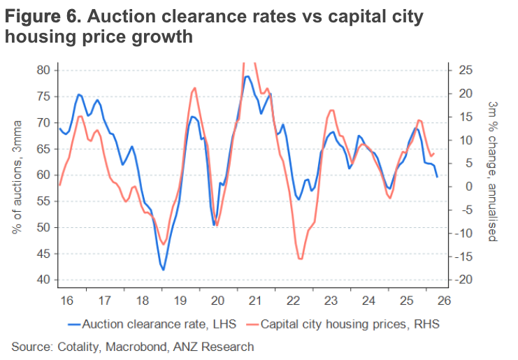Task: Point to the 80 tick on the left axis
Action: point(43,70)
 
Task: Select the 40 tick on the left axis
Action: point(43,280)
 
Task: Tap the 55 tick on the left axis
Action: point(43,201)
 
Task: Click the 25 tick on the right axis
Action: point(464,70)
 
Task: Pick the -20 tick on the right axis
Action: point(466,280)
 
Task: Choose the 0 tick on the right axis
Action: point(461,187)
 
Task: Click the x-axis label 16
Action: point(66,301)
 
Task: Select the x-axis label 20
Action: point(217,301)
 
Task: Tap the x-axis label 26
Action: point(444,301)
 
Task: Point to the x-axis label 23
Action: point(331,301)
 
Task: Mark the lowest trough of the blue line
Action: point(164,269)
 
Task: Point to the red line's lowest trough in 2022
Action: point(301,259)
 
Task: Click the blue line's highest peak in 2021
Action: point(247,76)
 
